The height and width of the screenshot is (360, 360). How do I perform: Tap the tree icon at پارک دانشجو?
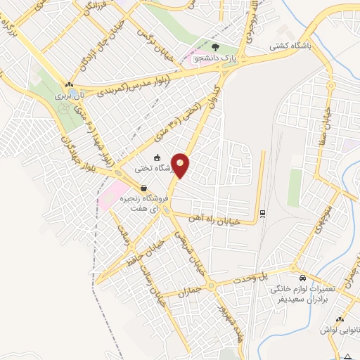[x=217, y=47]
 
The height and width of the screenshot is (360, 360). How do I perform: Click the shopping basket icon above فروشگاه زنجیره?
[x=143, y=188]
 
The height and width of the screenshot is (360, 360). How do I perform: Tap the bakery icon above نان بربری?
[x=69, y=82]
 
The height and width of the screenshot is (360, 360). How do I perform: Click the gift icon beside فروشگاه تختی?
[x=157, y=157]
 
